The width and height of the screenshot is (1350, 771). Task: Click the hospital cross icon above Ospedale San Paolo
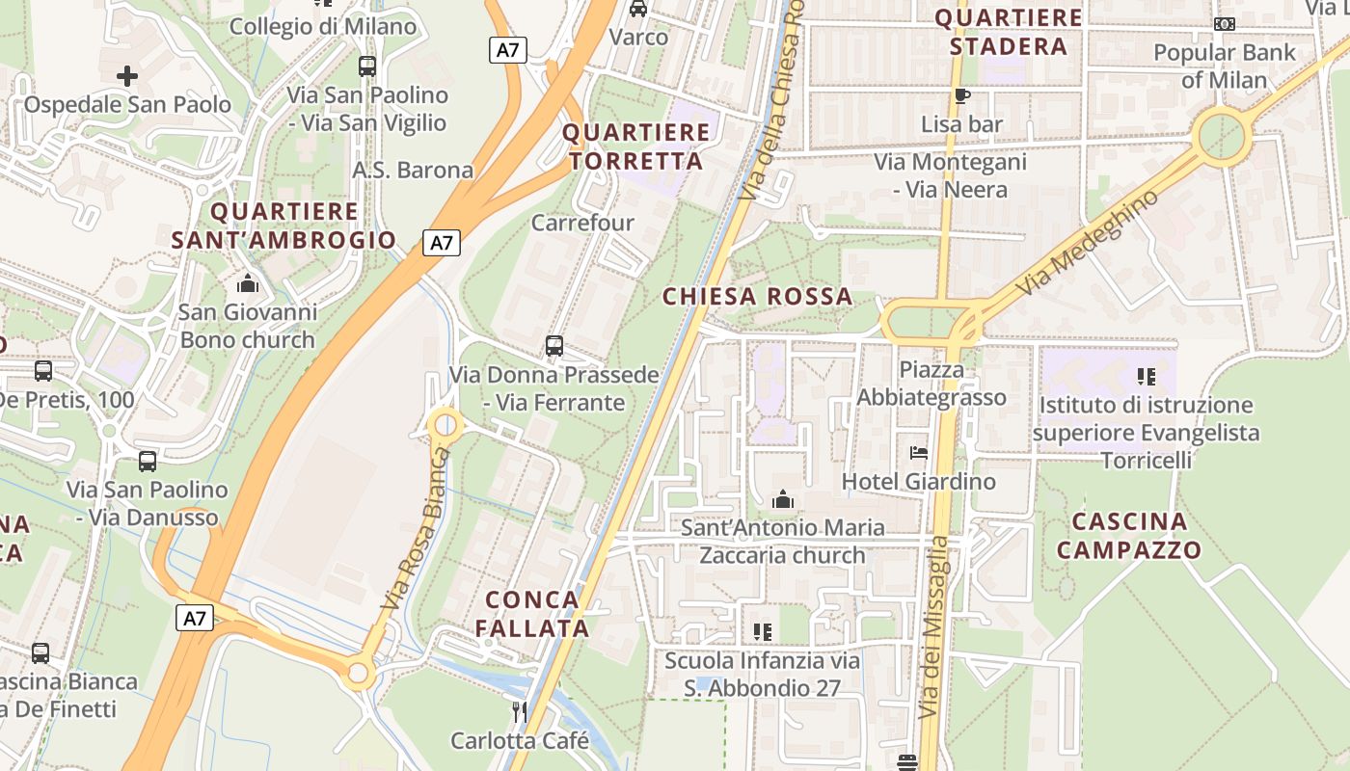click(x=126, y=75)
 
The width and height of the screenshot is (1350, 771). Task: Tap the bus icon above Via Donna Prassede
click(x=553, y=346)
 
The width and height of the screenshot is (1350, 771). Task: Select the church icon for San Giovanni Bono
click(x=248, y=283)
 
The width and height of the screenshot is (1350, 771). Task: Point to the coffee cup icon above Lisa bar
click(x=961, y=95)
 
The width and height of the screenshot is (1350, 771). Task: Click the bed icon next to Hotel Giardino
click(x=918, y=453)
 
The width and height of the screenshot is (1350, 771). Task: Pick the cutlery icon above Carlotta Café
click(x=520, y=712)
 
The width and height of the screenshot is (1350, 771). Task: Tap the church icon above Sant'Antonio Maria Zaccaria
click(x=783, y=499)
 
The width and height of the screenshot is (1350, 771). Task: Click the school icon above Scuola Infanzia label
click(x=763, y=632)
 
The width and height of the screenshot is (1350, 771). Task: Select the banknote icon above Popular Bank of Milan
click(x=1225, y=24)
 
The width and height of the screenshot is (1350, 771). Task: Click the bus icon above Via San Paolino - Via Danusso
click(x=148, y=462)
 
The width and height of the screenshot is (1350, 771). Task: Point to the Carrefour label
click(x=583, y=223)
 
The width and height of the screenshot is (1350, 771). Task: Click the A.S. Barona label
click(x=413, y=171)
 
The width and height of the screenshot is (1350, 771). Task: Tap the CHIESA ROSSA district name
click(x=758, y=297)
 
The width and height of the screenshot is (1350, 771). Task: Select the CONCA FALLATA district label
click(x=532, y=614)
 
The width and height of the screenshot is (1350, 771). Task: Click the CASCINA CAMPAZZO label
click(x=1129, y=536)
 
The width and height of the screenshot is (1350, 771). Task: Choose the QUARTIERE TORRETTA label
click(x=635, y=146)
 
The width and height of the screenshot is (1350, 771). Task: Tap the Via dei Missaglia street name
click(x=932, y=626)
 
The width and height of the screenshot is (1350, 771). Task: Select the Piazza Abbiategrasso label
click(x=931, y=384)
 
